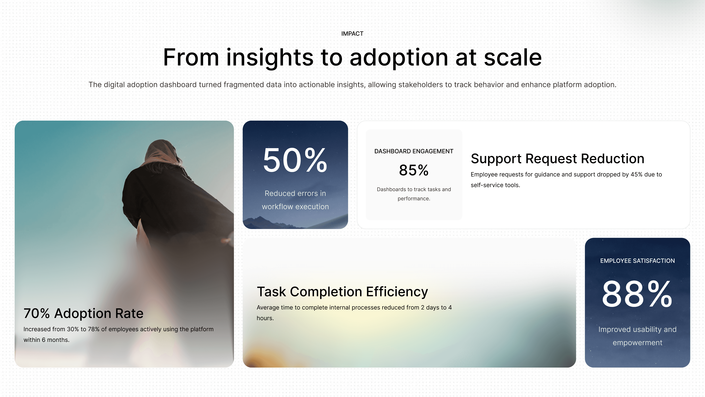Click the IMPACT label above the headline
tap(352, 34)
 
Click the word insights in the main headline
tap(270, 58)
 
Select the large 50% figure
tap(295, 160)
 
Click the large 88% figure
tap(637, 294)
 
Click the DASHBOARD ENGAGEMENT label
tap(414, 151)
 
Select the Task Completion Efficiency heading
tap(342, 292)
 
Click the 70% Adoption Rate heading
tap(83, 313)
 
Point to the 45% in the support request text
tap(636, 175)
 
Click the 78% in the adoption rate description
tap(94, 329)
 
